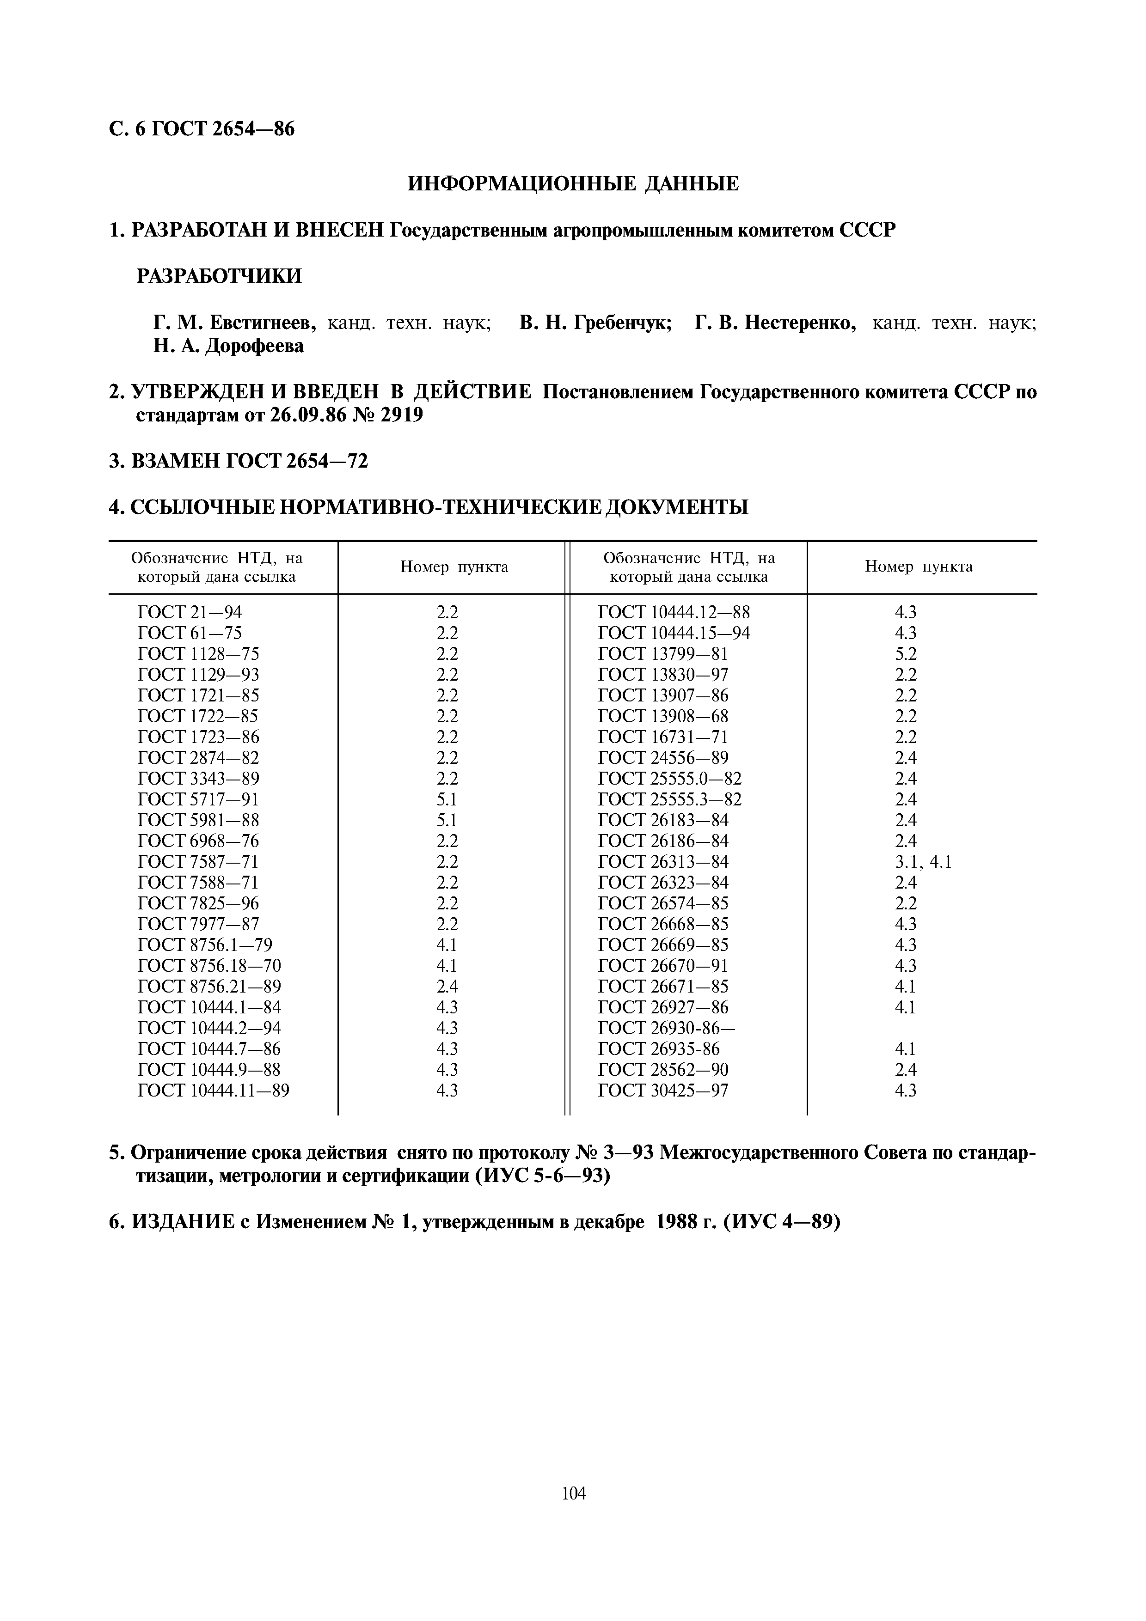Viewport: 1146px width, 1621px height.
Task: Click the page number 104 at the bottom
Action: tap(573, 1493)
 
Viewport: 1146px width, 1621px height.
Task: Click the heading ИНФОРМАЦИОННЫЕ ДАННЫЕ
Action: tap(573, 184)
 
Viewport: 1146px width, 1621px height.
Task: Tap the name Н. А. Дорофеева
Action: tap(229, 346)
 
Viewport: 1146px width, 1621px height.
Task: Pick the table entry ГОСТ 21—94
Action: tap(189, 612)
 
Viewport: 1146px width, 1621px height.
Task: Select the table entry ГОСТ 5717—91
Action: tap(198, 799)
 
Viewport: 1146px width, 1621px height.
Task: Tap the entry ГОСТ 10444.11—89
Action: tap(213, 1090)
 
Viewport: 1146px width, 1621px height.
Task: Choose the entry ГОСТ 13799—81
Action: tap(662, 654)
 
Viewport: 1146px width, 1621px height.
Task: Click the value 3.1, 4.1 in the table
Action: tap(923, 861)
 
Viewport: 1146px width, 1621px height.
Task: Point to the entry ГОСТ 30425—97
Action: tap(662, 1090)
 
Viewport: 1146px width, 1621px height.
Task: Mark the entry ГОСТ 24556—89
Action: tap(662, 757)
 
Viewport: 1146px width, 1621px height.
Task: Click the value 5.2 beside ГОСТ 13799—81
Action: tap(905, 654)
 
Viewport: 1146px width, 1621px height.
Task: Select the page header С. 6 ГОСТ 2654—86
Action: tap(202, 129)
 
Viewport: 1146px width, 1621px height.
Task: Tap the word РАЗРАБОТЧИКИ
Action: tap(219, 276)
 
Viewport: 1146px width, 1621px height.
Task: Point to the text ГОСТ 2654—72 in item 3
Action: tap(297, 461)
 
